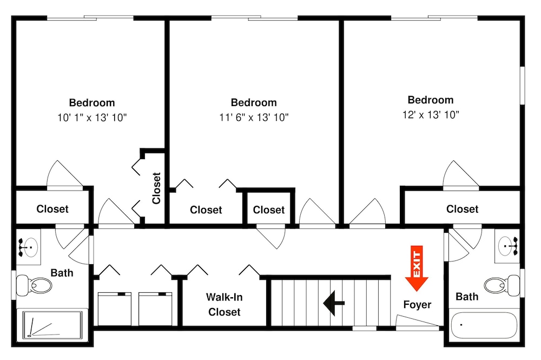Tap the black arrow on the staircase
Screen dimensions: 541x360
coord(334,303)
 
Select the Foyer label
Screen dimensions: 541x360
coord(417,305)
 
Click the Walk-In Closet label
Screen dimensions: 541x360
coord(225,304)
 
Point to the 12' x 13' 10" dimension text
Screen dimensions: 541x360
coord(431,115)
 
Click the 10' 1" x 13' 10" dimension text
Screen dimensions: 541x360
coord(92,117)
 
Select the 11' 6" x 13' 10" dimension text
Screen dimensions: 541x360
coord(254,117)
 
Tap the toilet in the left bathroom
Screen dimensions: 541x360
coord(34,285)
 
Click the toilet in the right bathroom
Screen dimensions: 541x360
coord(502,285)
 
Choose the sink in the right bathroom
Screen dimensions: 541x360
coord(507,246)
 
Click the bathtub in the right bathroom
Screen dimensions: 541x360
coord(484,326)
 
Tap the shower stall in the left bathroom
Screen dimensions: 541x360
coord(52,324)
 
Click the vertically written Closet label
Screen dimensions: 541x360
coord(156,188)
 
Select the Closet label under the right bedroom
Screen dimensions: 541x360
coord(462,209)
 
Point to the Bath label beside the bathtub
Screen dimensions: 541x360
coord(467,297)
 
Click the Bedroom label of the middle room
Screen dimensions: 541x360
coord(254,102)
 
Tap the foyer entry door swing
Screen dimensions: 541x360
coord(417,321)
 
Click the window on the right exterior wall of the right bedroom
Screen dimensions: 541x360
coord(523,85)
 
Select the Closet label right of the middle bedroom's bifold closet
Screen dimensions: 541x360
coord(269,210)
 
